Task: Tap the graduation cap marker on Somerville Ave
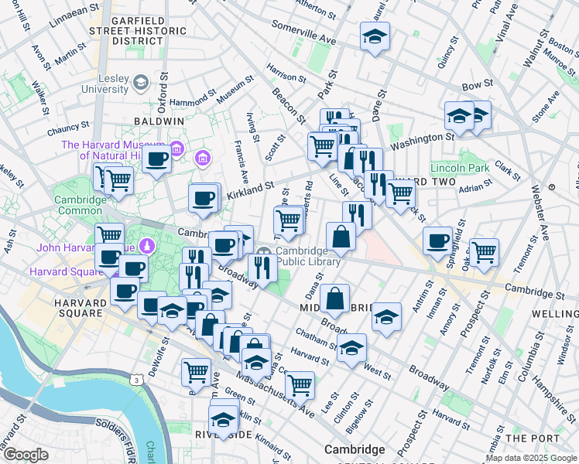coord(375,37)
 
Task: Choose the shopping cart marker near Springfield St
coord(484,251)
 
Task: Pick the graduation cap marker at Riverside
coord(224,420)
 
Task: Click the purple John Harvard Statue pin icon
coord(149,247)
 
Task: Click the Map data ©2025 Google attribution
coord(531,458)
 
